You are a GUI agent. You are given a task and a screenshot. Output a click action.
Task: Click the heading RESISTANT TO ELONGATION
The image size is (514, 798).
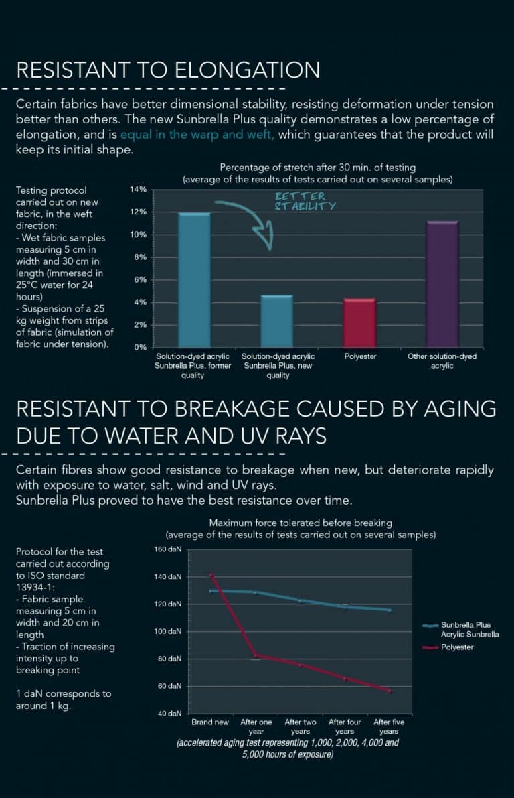[168, 70]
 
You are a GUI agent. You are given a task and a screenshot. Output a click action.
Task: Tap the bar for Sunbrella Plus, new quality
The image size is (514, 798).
[276, 321]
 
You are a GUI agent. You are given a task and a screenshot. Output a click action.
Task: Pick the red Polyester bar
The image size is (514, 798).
[360, 323]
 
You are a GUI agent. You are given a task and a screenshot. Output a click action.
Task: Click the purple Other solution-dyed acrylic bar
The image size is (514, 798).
[442, 284]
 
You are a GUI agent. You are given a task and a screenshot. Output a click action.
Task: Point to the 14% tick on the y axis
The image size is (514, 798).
[139, 190]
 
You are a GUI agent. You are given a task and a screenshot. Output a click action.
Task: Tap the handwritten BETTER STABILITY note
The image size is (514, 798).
[305, 202]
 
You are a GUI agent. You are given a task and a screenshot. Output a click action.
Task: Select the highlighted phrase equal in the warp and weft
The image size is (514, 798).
[198, 134]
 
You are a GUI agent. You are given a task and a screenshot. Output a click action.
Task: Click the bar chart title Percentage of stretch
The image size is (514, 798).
[318, 167]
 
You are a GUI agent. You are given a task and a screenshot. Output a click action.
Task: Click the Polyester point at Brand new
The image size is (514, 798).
[211, 575]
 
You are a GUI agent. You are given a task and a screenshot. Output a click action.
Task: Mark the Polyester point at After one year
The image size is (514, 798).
[255, 655]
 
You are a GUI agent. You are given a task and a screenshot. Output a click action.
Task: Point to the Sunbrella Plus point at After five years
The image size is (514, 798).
[390, 610]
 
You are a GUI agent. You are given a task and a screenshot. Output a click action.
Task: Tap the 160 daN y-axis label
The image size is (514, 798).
[168, 549]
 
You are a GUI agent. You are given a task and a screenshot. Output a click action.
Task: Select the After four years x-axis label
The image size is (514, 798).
[345, 726]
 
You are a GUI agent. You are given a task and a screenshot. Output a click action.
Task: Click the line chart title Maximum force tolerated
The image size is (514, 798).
[301, 523]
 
